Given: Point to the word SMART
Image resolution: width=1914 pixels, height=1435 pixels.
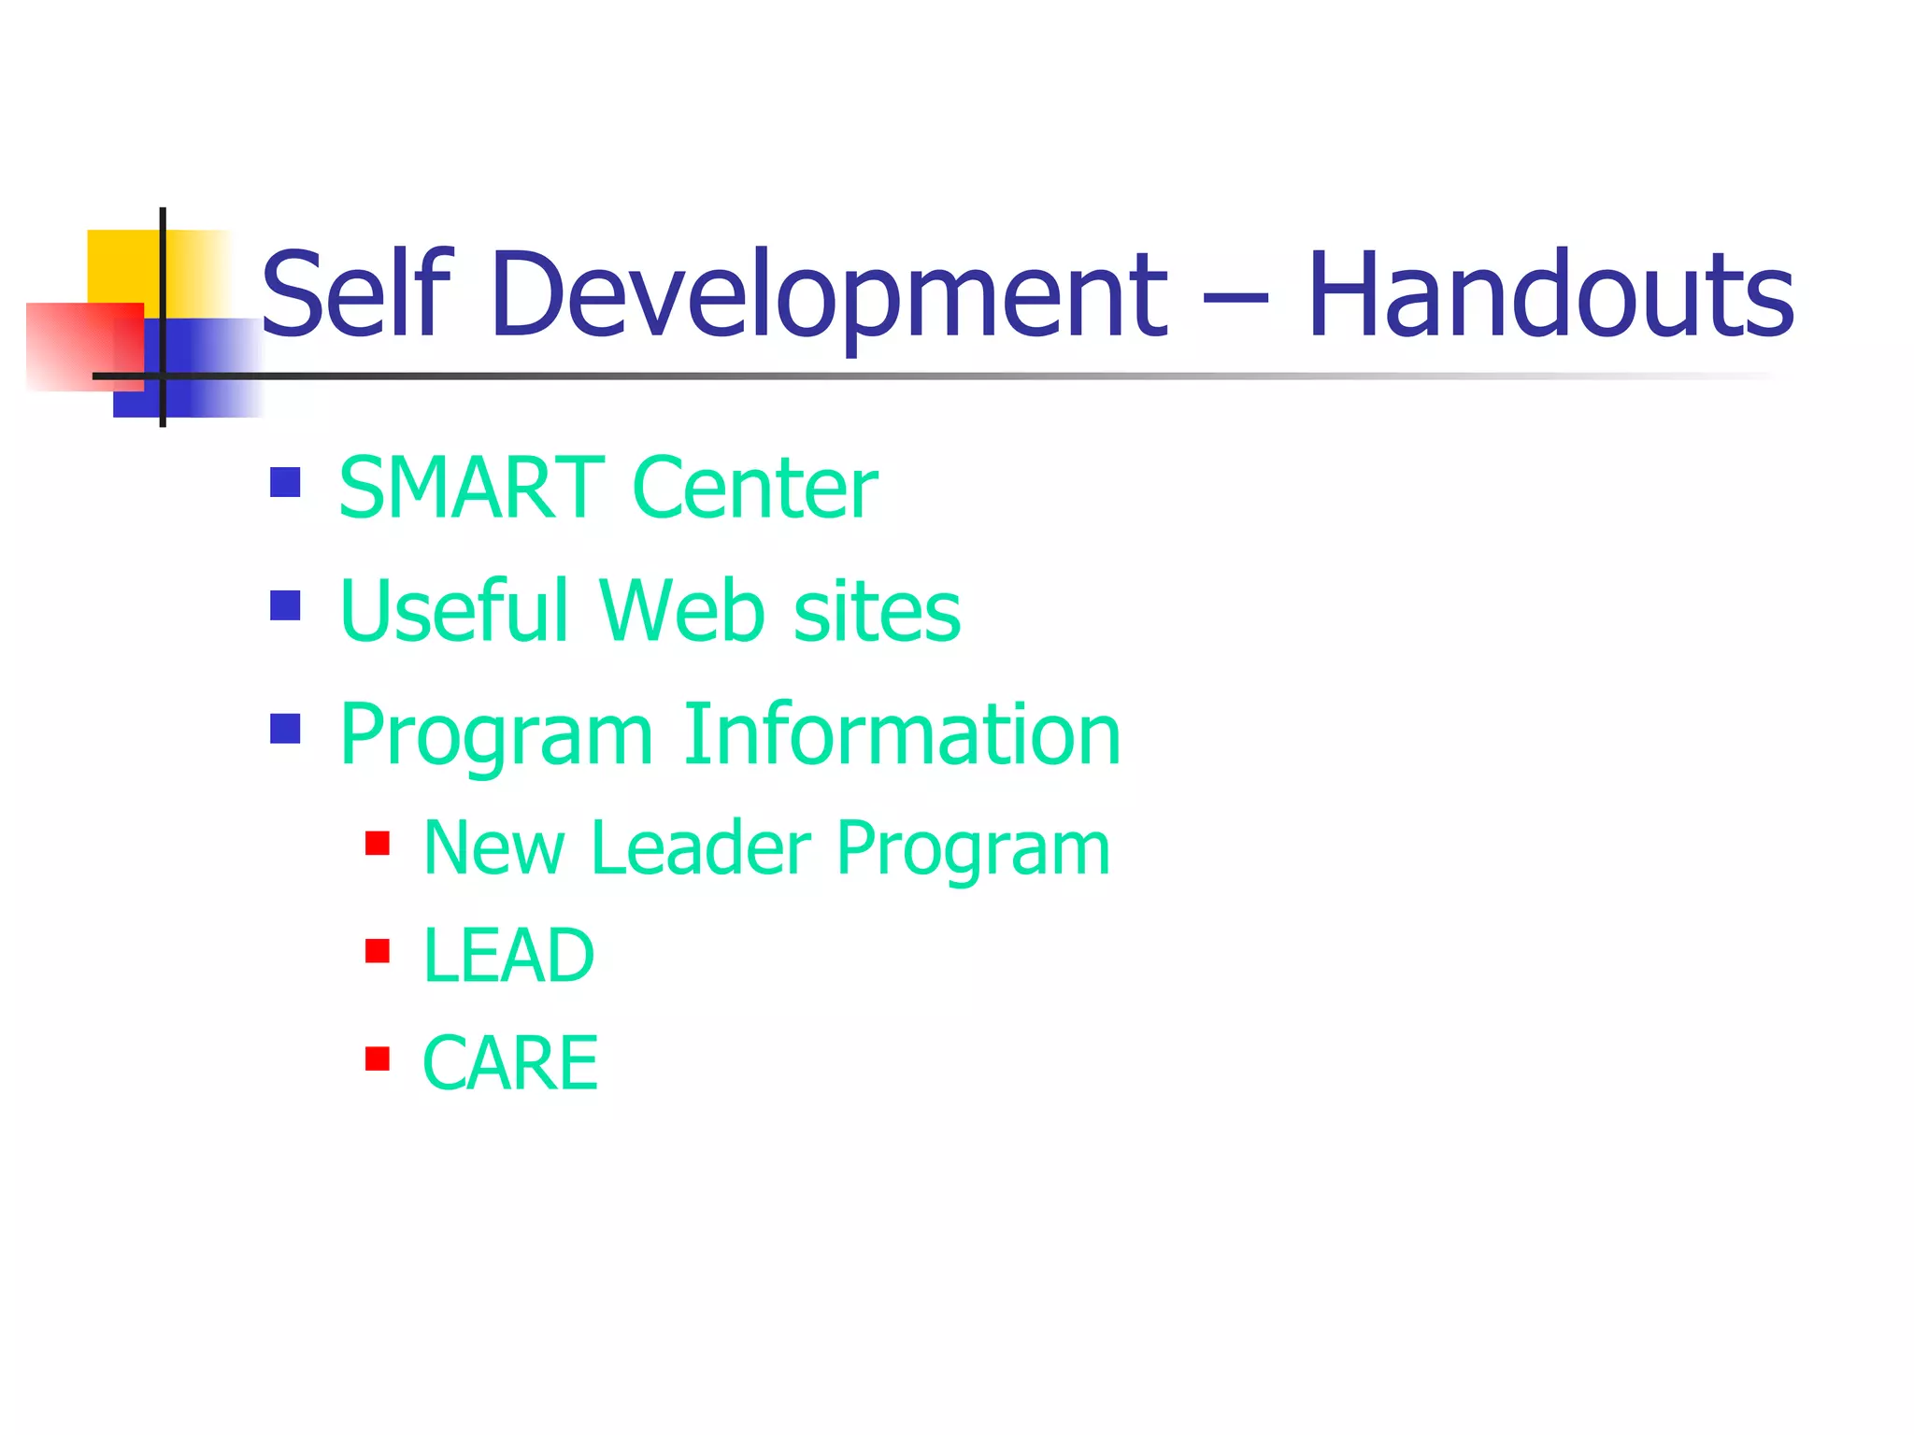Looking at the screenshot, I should click(x=471, y=488).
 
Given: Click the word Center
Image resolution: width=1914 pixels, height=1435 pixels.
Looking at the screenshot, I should click(x=754, y=488).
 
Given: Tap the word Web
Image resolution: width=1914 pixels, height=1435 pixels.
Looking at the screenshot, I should click(x=681, y=611).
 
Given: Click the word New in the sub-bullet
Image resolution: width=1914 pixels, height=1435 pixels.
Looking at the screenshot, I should click(x=493, y=847).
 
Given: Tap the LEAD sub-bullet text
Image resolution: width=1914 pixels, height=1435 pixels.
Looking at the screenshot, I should click(x=507, y=955).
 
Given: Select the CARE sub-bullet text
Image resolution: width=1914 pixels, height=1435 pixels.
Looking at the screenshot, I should click(x=509, y=1063).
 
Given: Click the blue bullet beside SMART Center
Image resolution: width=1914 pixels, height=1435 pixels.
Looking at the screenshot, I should click(x=285, y=482).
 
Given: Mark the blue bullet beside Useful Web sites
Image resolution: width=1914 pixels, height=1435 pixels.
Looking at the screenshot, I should click(x=285, y=605).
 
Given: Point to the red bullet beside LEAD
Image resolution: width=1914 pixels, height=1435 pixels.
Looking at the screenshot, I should click(x=377, y=951).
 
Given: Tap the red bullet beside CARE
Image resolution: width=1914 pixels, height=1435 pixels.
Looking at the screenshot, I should click(x=377, y=1058).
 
